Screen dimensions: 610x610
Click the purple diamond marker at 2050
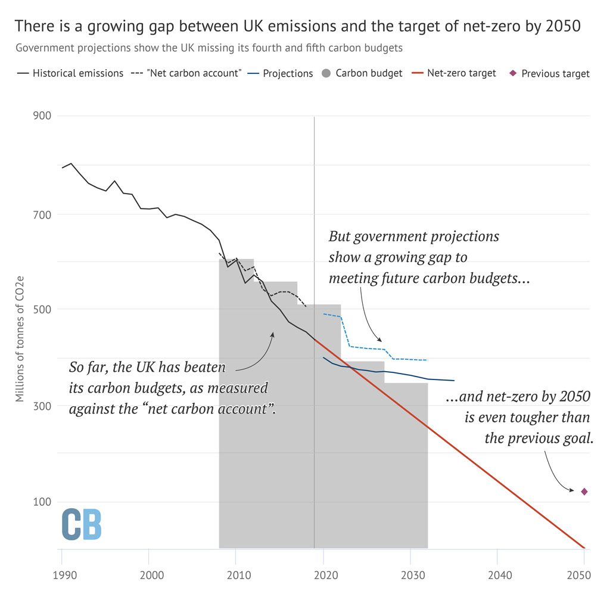coord(584,491)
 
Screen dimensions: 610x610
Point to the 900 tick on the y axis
coord(41,116)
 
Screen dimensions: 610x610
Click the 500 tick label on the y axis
coord(41,309)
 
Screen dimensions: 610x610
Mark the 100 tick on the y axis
coord(41,502)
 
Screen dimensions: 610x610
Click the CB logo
coord(82,524)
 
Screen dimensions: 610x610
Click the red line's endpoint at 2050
coord(584,547)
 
